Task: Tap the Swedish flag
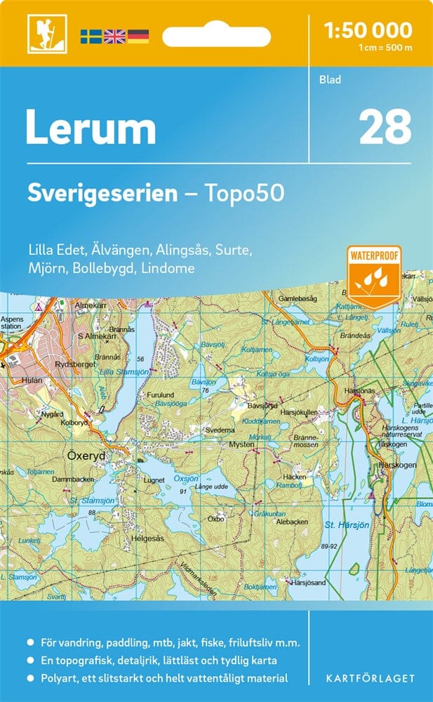click(90, 35)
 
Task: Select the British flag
click(114, 35)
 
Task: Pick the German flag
click(138, 35)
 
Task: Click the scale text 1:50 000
click(368, 30)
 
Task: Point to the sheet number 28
click(385, 126)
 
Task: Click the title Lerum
click(91, 128)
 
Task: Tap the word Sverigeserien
click(102, 193)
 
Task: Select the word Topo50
click(245, 193)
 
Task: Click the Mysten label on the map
click(241, 445)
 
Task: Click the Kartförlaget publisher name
click(369, 678)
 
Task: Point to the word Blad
click(330, 79)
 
